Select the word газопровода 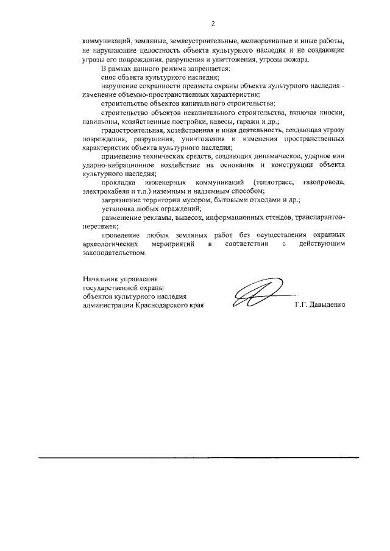(327, 183)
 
